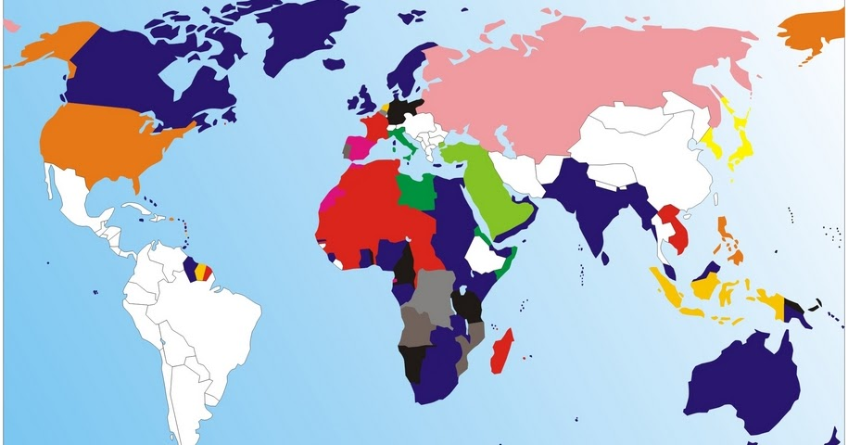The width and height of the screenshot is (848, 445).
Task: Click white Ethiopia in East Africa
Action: [487, 252]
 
